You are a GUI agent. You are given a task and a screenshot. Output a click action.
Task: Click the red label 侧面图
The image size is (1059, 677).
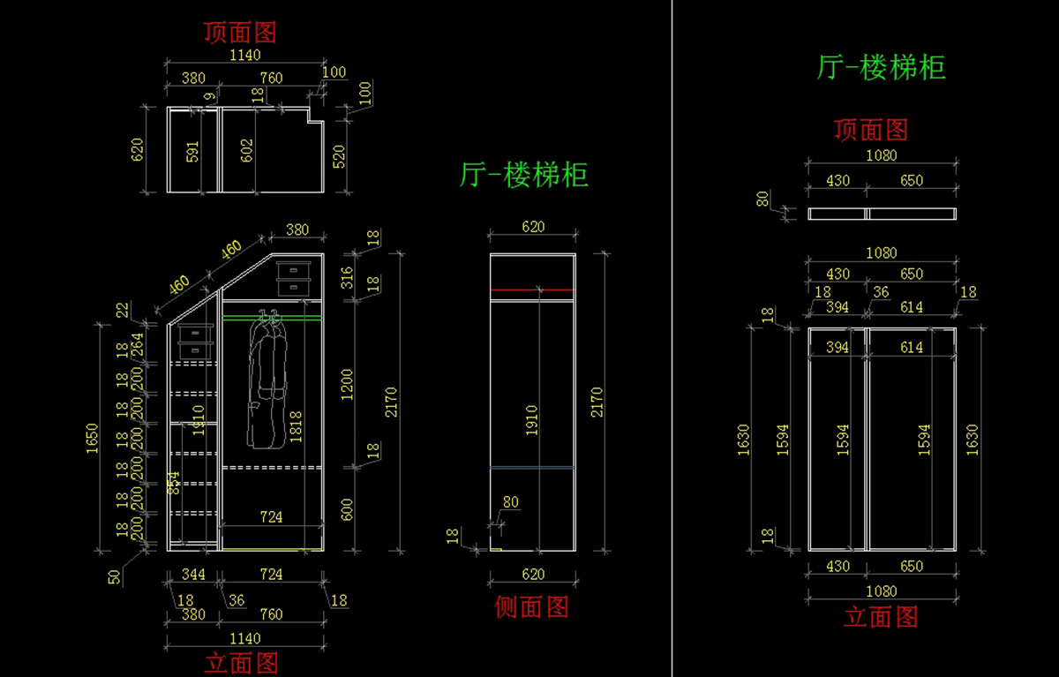[531, 606]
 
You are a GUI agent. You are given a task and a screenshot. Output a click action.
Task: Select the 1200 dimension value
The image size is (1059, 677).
[347, 383]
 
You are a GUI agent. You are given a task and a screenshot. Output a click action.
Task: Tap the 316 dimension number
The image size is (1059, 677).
[347, 277]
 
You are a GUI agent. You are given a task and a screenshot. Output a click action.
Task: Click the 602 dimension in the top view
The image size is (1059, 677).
[248, 151]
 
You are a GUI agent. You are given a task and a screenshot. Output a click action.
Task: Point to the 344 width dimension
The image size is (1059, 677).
[193, 575]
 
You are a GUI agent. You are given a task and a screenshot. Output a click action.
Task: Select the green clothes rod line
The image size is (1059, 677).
[272, 316]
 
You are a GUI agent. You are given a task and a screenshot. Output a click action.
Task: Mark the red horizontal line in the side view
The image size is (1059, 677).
[532, 290]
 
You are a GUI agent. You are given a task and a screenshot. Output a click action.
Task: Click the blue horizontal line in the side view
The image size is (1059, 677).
[532, 467]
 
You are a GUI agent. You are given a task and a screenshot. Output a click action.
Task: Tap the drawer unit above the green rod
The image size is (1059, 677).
[294, 277]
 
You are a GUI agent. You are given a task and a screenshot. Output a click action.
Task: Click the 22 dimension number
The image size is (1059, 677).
[123, 310]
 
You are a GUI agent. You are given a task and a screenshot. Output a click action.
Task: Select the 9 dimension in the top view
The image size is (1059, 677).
[209, 95]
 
